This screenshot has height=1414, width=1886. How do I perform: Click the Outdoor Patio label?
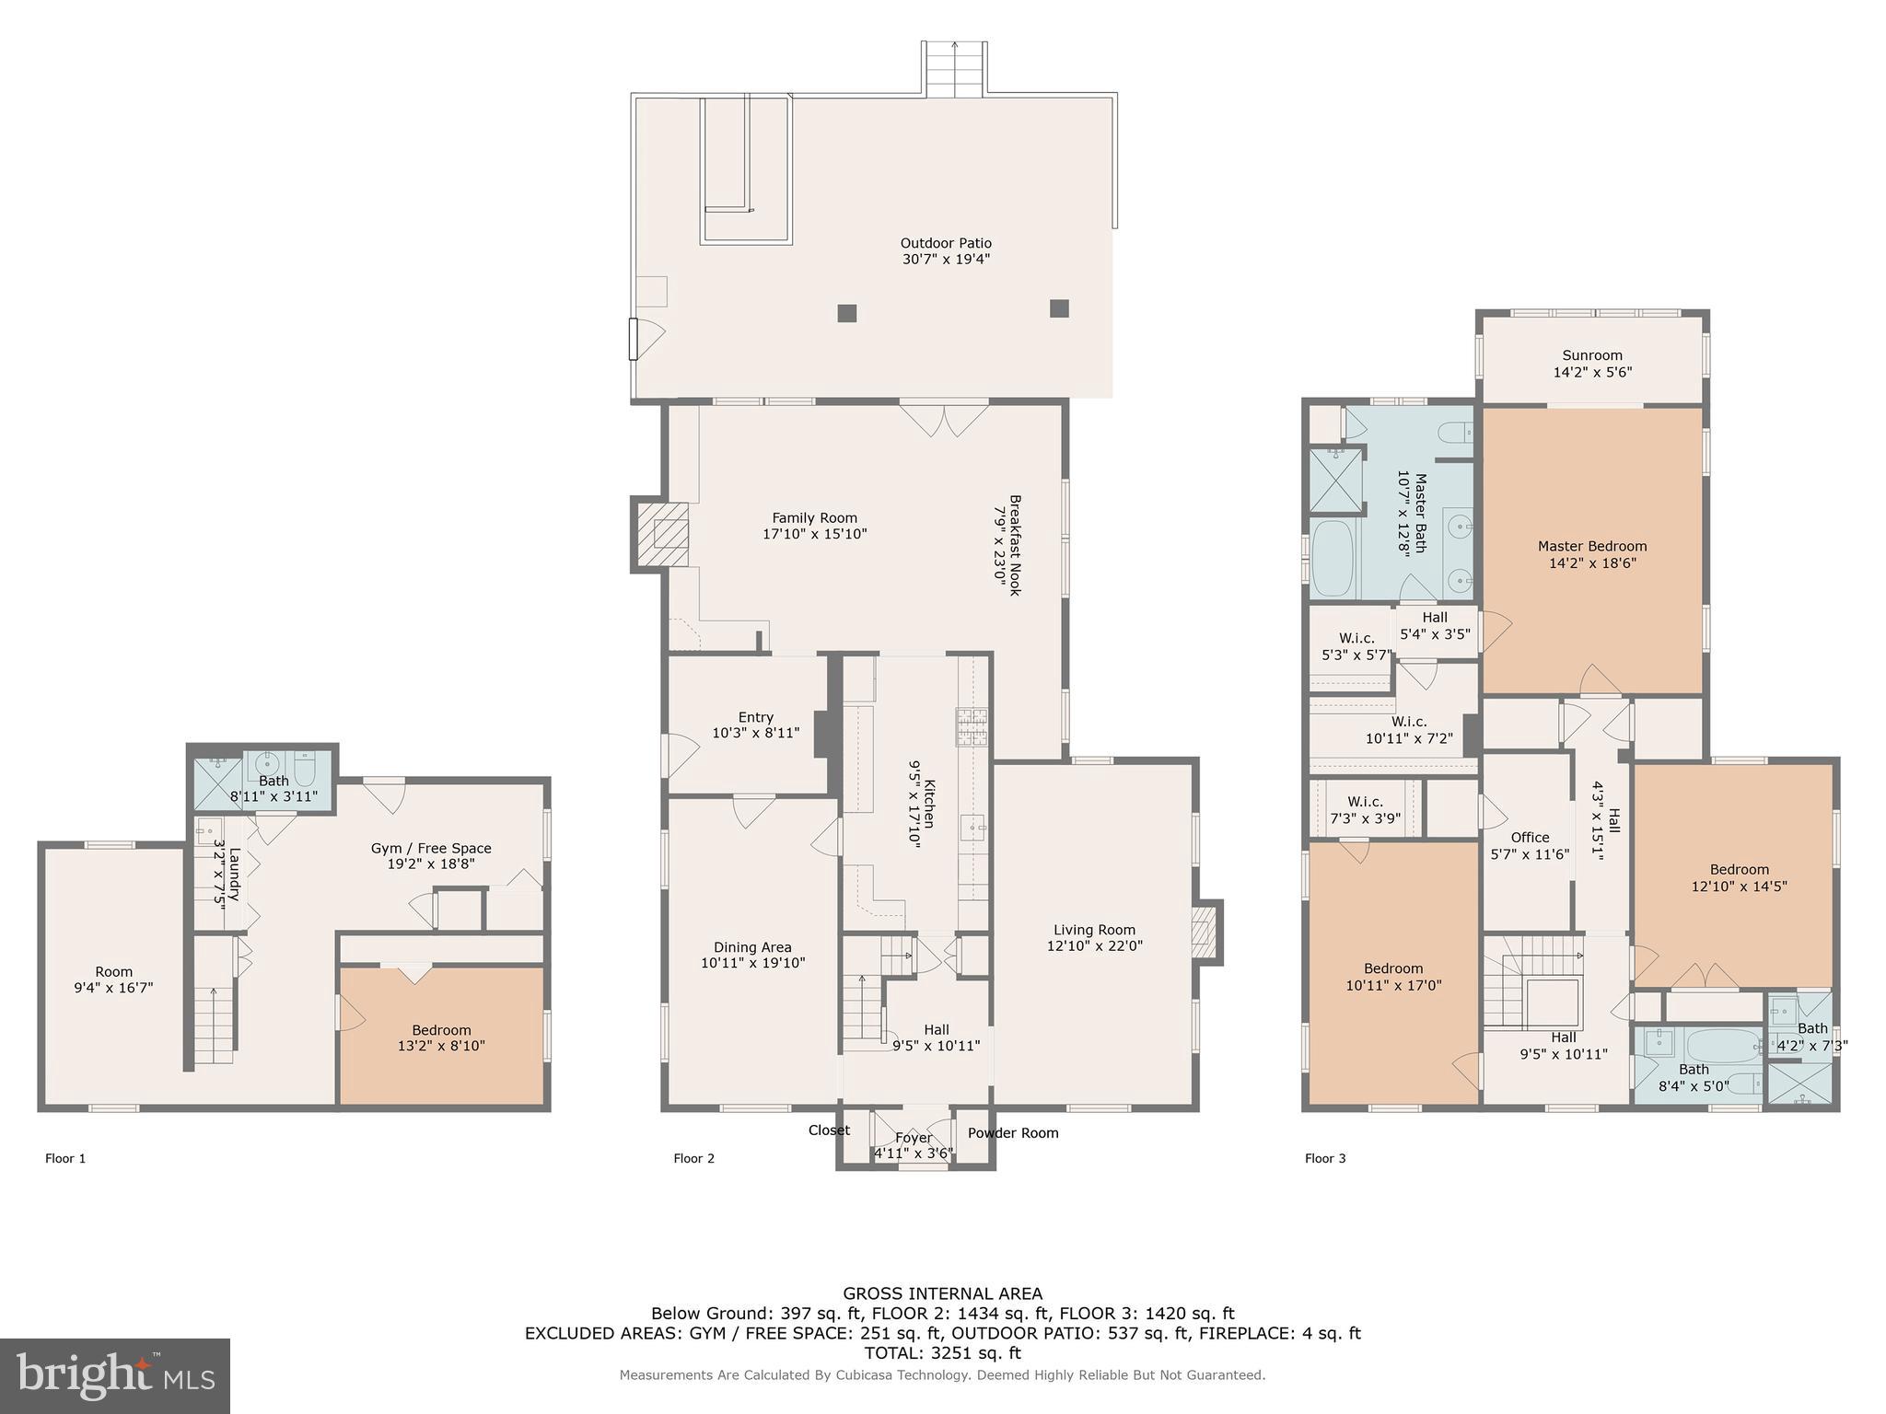tap(946, 244)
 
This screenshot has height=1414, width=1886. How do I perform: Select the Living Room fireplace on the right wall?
tap(1205, 931)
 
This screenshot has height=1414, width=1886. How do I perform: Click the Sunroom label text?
tap(1592, 355)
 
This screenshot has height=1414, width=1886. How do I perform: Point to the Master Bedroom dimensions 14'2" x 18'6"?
tap(1592, 563)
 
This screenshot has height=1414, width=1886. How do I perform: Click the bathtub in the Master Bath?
tap(1333, 560)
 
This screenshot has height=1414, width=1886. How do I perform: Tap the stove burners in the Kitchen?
tap(971, 725)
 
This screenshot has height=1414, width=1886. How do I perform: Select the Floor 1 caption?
tap(65, 1158)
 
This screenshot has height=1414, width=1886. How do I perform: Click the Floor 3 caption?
tap(1325, 1158)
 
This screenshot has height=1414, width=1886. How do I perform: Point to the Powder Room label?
tap(1013, 1133)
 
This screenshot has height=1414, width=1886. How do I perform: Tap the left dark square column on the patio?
tap(847, 313)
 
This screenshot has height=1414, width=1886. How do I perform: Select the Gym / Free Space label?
tap(431, 848)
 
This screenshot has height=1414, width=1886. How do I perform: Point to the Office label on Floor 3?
tap(1530, 837)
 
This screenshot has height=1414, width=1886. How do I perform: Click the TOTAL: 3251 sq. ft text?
tap(942, 1353)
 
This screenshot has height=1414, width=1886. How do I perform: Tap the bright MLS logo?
tap(114, 1376)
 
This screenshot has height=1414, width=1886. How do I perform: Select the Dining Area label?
tap(752, 947)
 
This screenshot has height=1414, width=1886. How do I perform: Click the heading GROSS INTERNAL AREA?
tap(942, 1293)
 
